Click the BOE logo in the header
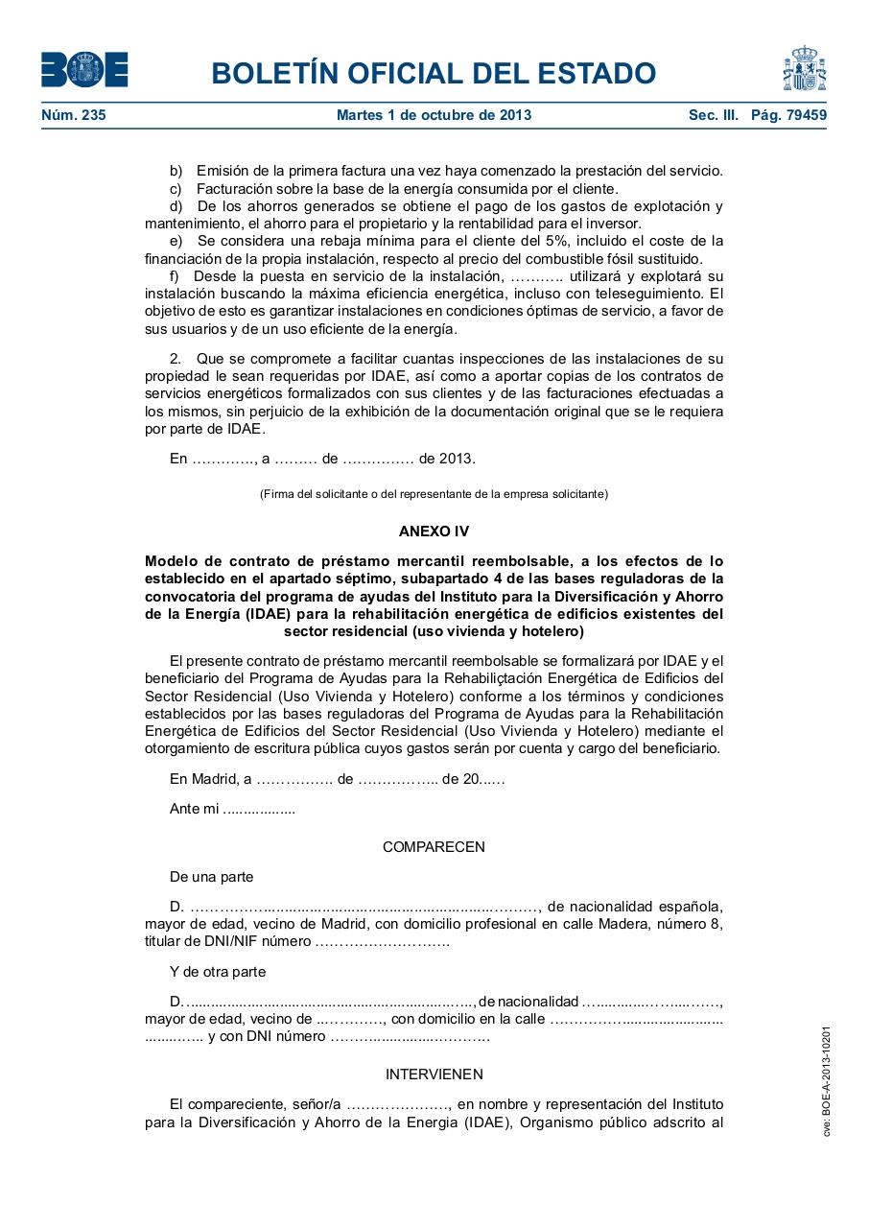tap(84, 70)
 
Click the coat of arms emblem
tap(804, 68)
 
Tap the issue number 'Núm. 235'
tap(73, 116)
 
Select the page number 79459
tap(801, 116)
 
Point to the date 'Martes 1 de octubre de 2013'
tap(434, 116)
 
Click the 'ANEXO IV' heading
tap(434, 531)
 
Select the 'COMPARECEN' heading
tap(434, 847)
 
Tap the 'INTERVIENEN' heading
tap(434, 1074)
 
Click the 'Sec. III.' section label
tap(713, 116)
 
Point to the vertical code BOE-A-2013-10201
tap(826, 1080)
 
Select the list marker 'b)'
tap(176, 171)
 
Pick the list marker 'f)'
tap(176, 276)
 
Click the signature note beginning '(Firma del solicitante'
tap(434, 494)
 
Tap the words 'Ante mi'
tap(193, 809)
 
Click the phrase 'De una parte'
tap(211, 877)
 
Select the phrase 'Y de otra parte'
tap(218, 972)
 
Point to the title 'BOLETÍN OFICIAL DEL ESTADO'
tap(434, 74)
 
